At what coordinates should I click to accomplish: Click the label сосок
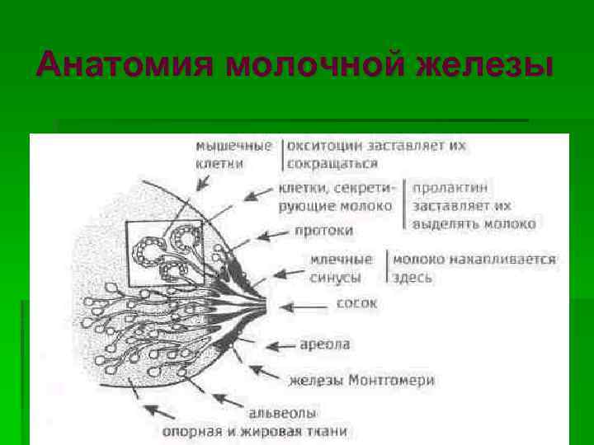pos(356,303)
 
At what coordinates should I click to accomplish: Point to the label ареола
pos(325,344)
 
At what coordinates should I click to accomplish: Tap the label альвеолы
pos(283,412)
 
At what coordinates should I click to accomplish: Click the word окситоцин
pos(330,145)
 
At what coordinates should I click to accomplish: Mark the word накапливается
pos(516,259)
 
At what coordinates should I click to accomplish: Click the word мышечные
pos(233,145)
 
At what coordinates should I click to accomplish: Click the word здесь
pos(412,277)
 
